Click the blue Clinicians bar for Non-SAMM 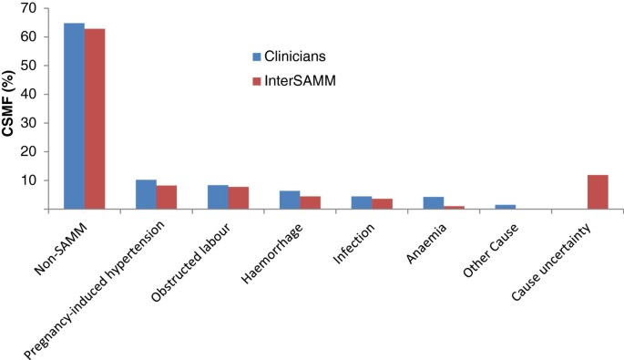(x=74, y=116)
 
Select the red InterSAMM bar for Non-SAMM (x=95, y=118)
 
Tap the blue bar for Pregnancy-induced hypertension (x=146, y=194)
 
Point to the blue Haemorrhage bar (x=289, y=200)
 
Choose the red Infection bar (x=382, y=204)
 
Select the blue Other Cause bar (x=504, y=207)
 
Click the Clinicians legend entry (x=288, y=53)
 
